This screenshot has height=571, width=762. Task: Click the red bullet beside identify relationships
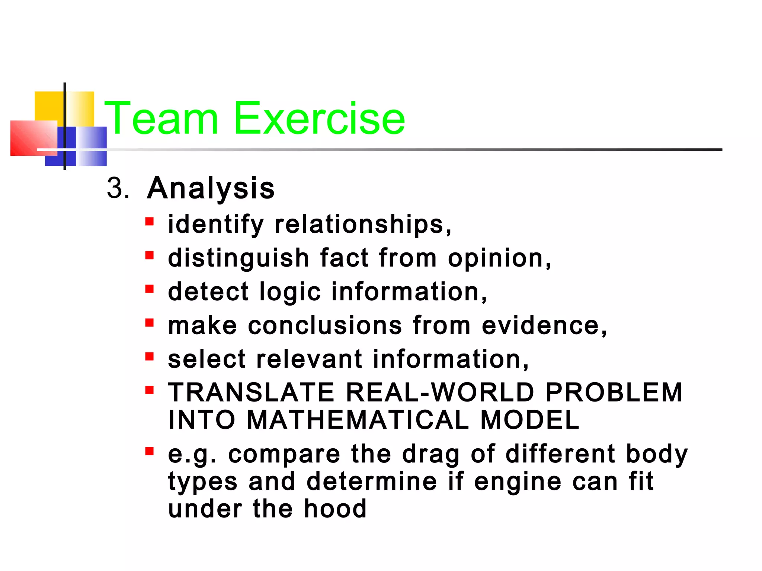pos(150,222)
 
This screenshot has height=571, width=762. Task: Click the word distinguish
pos(238,258)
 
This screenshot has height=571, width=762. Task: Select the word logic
pos(290,292)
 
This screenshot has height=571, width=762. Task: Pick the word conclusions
pos(325,326)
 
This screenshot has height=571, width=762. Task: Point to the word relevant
pos(310,359)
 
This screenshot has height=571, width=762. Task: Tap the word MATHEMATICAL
pos(358,420)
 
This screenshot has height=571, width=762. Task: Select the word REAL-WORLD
pos(440,393)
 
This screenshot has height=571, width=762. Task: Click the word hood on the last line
pos(335,509)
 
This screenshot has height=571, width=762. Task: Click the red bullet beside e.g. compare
pos(150,451)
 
